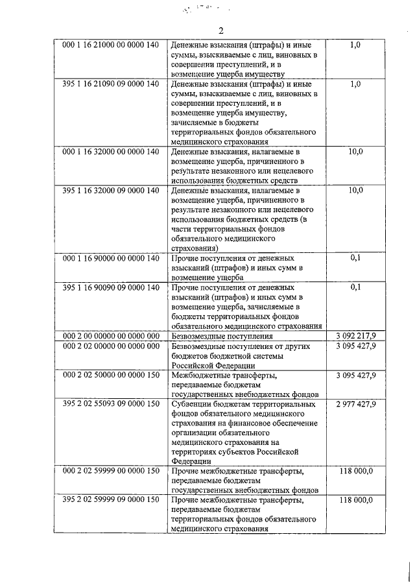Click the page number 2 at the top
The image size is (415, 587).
pyautogui.click(x=220, y=31)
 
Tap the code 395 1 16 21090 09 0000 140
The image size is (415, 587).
pyautogui.click(x=110, y=84)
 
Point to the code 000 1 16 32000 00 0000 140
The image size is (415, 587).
pyautogui.click(x=110, y=152)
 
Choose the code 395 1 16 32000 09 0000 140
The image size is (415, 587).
pyautogui.click(x=110, y=190)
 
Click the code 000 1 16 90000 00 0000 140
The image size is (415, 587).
pyautogui.click(x=110, y=258)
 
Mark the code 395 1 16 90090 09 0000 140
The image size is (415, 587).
pyautogui.click(x=110, y=287)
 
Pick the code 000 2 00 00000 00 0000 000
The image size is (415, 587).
pyautogui.click(x=110, y=336)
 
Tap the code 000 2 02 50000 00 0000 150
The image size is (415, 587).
pyautogui.click(x=110, y=375)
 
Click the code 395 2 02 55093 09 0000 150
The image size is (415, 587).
pyautogui.click(x=110, y=404)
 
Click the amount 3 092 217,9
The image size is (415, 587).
pyautogui.click(x=356, y=336)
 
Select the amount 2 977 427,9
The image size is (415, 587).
pyautogui.click(x=356, y=404)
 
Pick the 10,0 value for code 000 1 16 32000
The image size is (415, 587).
pyautogui.click(x=356, y=152)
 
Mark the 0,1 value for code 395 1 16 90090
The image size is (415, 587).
pyautogui.click(x=356, y=287)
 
